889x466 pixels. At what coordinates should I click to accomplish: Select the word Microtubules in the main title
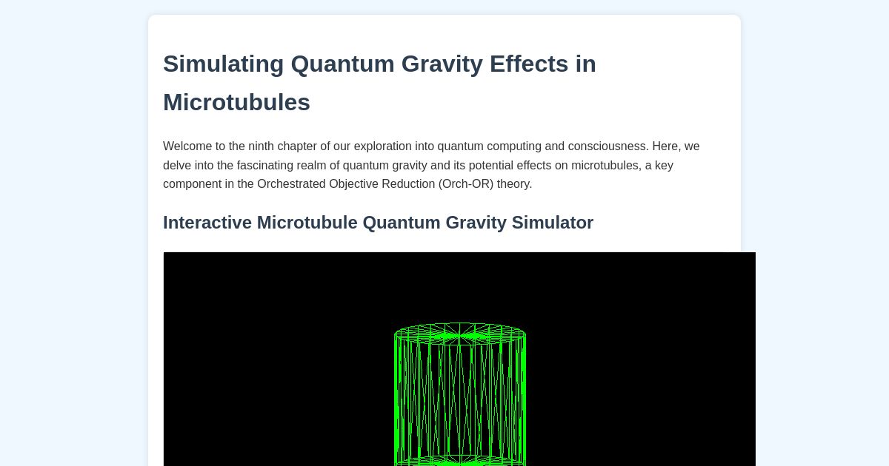pyautogui.click(x=236, y=102)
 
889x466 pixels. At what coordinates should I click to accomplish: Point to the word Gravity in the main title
pyautogui.click(x=442, y=64)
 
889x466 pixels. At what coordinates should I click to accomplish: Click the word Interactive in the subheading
pyautogui.click(x=207, y=223)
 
